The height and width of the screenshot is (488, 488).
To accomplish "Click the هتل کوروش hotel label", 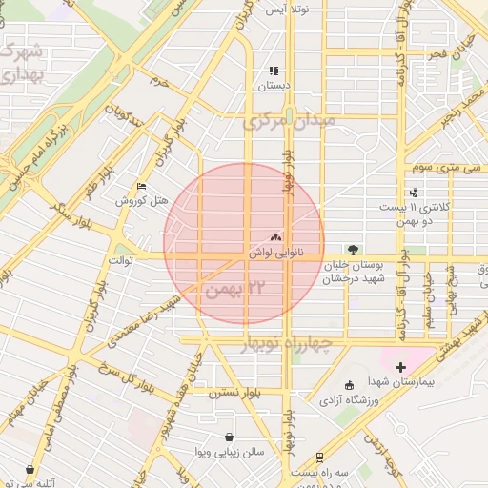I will point(142,200).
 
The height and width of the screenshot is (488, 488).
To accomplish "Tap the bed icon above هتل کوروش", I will point(142,186).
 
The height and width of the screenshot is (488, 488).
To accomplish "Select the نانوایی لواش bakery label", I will point(276,254).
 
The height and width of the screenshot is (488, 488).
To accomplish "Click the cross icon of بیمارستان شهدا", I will point(400,366).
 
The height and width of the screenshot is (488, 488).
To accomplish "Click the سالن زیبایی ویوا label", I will point(229,452).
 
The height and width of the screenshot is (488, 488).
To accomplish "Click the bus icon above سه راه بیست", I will point(319,458).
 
